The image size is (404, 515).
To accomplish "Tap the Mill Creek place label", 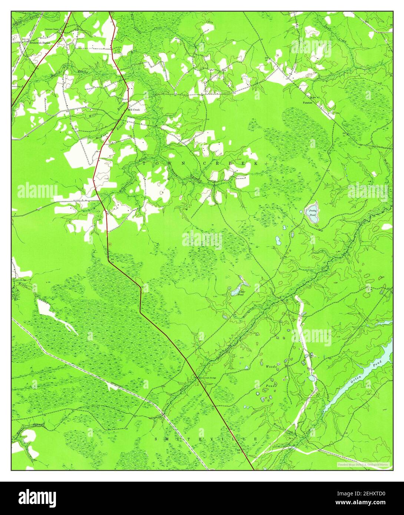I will point(134,110).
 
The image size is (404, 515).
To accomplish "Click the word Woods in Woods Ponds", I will point(271,366).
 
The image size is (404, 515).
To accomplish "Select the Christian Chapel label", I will point(52,29).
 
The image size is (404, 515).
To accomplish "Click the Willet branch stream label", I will point(93,115).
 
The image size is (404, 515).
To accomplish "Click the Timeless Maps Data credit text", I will point(364,464).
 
